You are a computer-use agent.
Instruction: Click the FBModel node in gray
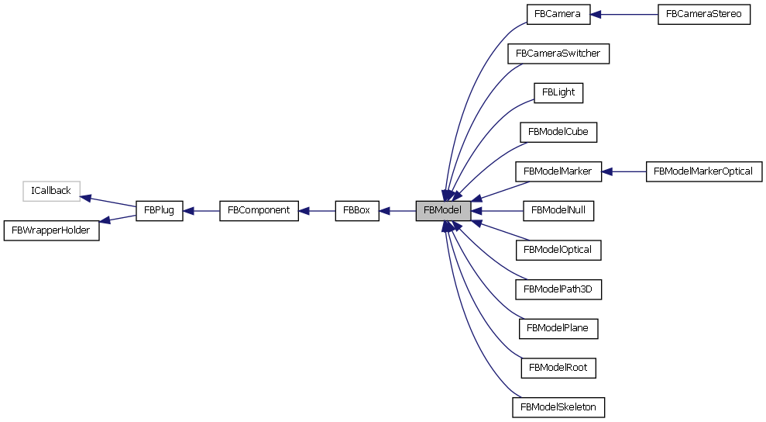(x=443, y=210)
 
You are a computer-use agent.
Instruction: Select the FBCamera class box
(x=558, y=15)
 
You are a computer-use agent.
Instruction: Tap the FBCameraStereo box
(x=704, y=15)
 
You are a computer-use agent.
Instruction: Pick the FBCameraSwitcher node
(x=558, y=54)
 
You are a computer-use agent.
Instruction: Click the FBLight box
(x=558, y=92)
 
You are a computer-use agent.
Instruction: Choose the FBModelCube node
(x=558, y=132)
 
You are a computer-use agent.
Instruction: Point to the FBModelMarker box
(x=558, y=171)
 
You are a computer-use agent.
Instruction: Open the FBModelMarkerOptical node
(x=703, y=171)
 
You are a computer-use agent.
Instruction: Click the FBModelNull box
(x=558, y=210)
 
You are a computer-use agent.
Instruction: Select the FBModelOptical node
(x=558, y=250)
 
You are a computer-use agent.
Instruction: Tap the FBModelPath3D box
(x=558, y=289)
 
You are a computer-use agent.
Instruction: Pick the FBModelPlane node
(x=558, y=328)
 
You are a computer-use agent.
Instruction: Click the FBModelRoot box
(x=558, y=367)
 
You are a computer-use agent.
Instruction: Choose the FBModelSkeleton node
(x=558, y=406)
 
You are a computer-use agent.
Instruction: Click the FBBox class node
(x=357, y=210)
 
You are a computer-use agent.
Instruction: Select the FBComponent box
(x=259, y=210)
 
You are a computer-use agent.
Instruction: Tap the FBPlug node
(x=160, y=210)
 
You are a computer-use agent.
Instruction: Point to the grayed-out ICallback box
(x=51, y=191)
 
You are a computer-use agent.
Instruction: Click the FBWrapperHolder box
(x=52, y=230)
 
